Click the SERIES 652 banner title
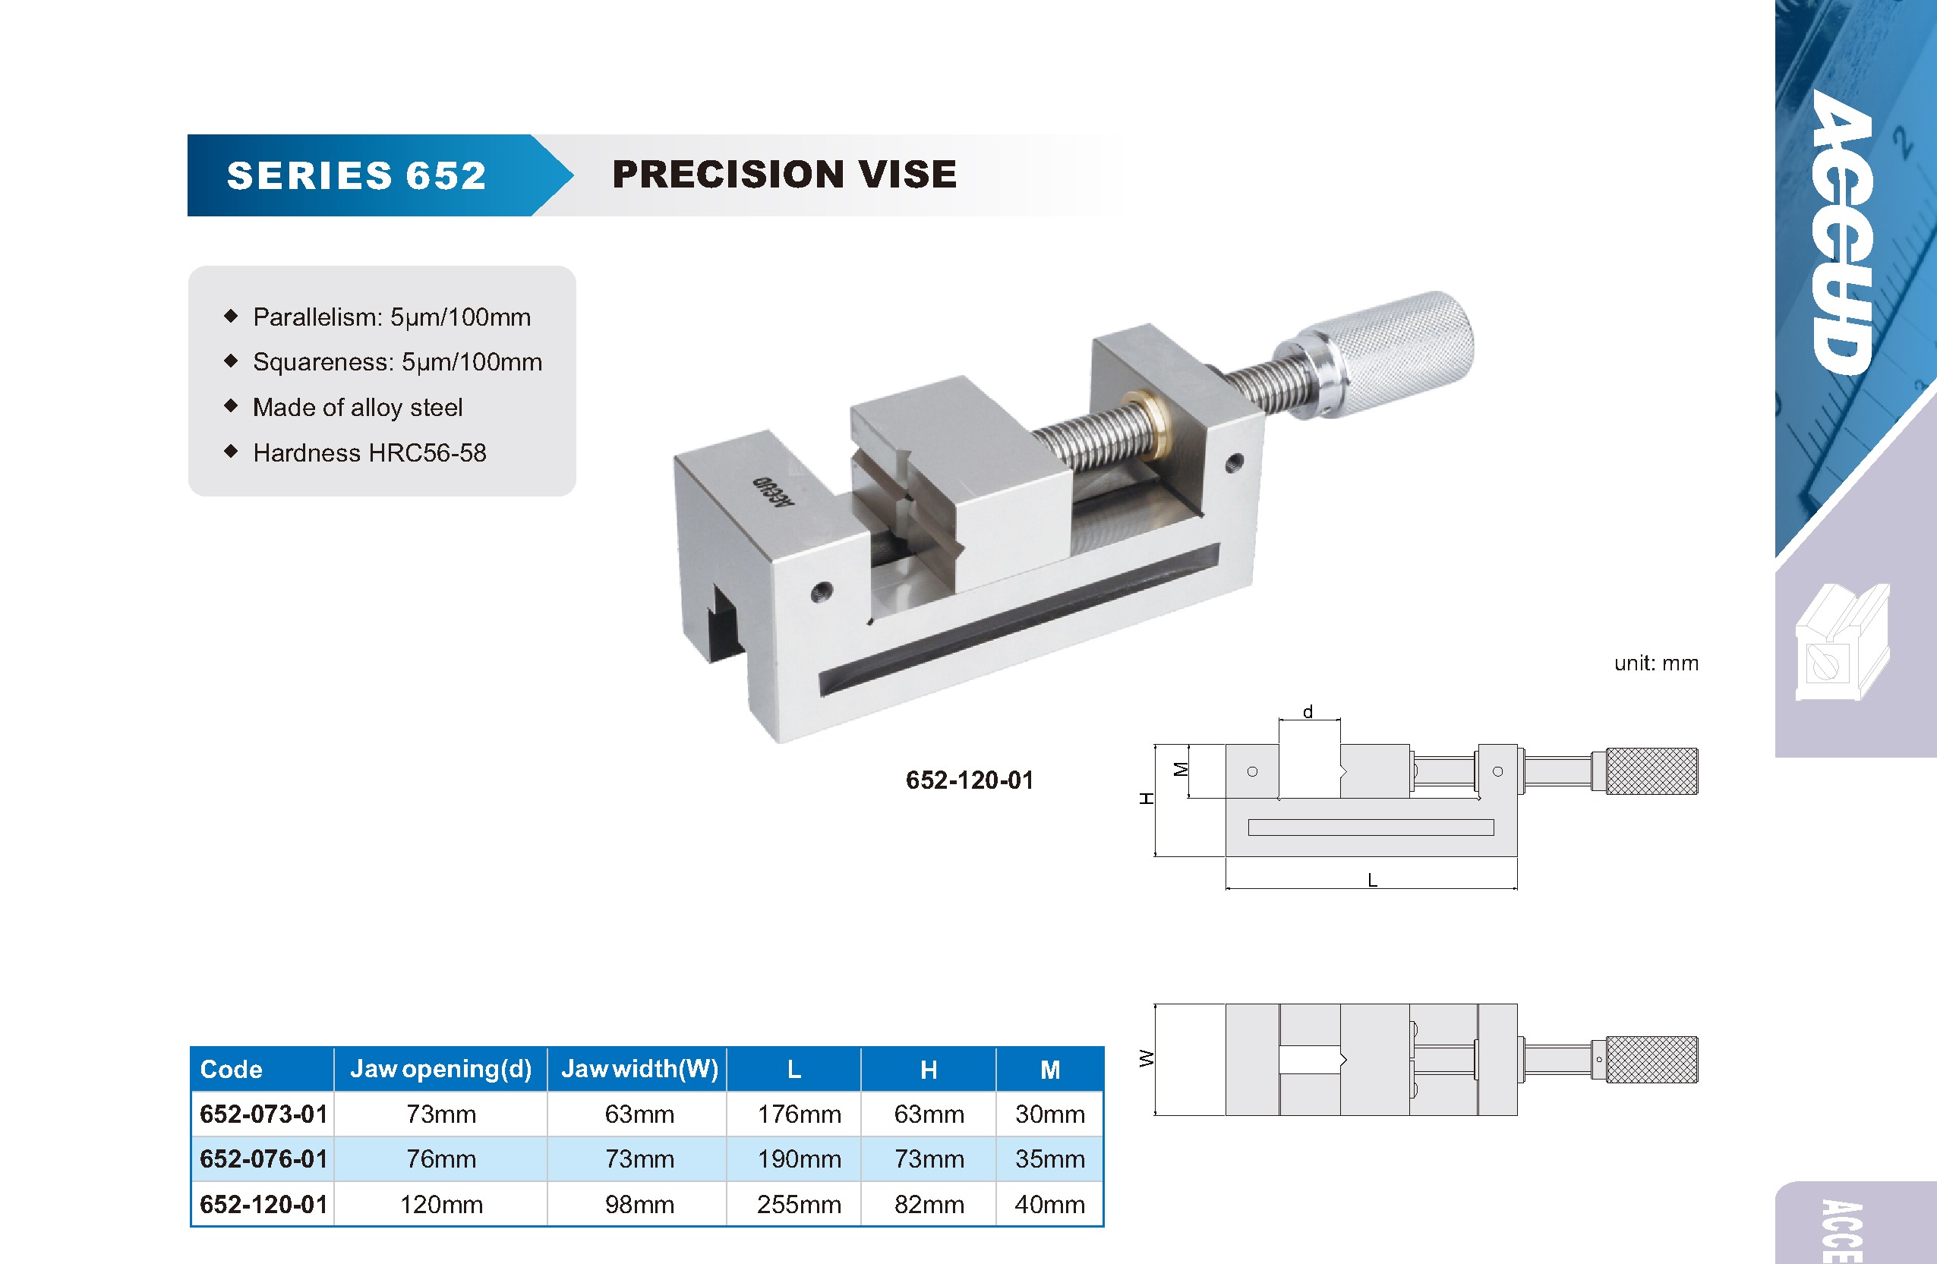point(356,176)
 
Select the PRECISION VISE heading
point(784,174)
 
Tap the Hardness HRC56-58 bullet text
point(370,452)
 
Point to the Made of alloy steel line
point(358,407)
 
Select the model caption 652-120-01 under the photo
point(970,780)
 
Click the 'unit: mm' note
point(1656,664)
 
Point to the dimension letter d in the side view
point(1308,711)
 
